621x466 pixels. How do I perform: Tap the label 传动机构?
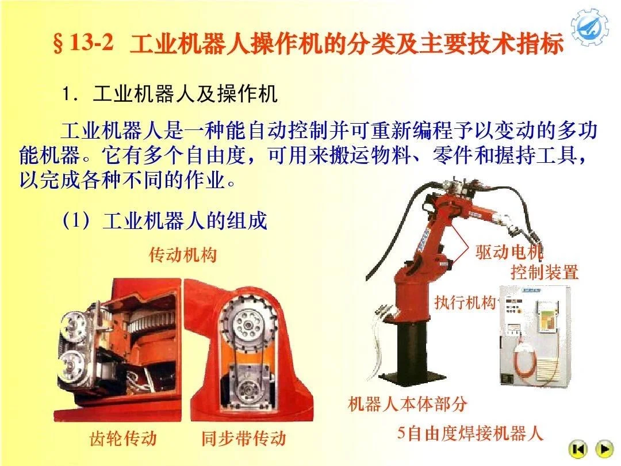[183, 255]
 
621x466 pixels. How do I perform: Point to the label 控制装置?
[544, 272]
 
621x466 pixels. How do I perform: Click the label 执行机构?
[465, 303]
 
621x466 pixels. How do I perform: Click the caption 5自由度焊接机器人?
[470, 433]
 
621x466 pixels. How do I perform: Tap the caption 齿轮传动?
[122, 438]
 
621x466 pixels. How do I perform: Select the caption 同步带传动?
[243, 439]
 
